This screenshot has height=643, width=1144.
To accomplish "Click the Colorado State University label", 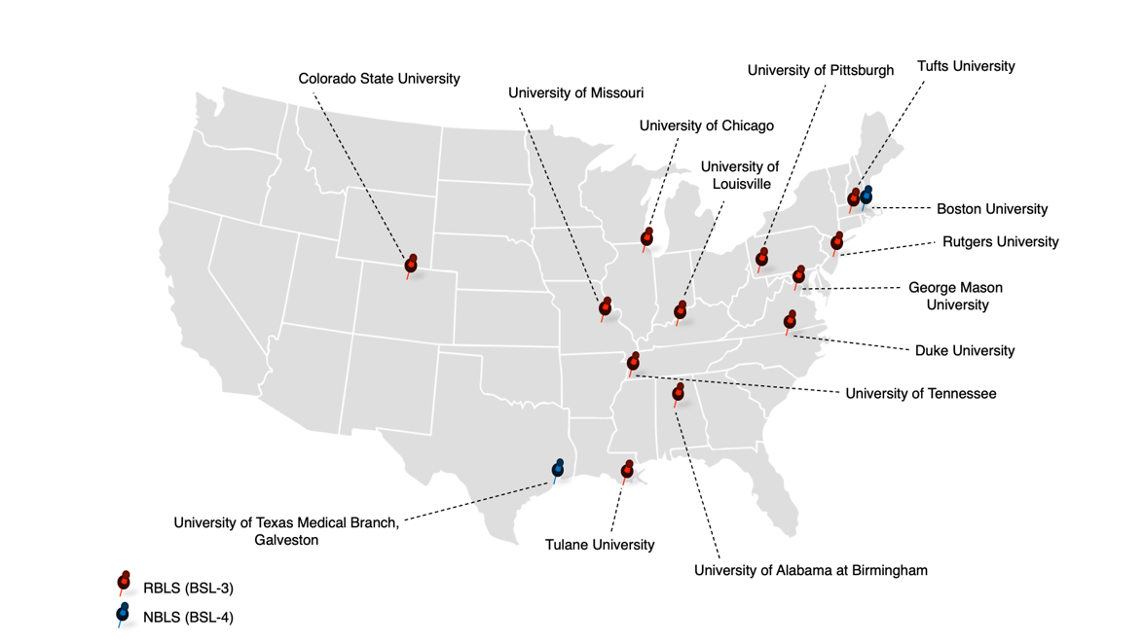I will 379,79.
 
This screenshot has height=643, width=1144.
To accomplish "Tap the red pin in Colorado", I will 412,265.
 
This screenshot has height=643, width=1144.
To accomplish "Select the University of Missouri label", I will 575,93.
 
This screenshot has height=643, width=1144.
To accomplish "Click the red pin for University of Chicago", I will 647,237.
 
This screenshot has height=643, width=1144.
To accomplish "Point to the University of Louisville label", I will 740,176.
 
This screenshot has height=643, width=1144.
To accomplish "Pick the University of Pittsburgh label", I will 820,71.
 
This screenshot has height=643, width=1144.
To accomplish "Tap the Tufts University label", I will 965,66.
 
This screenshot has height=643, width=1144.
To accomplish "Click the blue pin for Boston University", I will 866,197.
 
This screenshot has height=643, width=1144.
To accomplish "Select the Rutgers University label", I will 1000,242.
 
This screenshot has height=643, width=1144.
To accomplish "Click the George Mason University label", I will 955,297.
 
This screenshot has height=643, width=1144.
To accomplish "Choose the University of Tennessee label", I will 920,394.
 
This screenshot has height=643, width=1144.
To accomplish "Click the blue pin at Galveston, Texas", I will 558,469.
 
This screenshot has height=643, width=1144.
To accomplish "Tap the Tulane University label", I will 600,545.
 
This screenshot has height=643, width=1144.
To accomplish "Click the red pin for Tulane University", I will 628,470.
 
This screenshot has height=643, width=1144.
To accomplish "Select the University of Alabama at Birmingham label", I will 810,570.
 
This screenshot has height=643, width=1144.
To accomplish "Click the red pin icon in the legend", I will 124,583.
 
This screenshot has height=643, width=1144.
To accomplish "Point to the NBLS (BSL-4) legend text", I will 188,617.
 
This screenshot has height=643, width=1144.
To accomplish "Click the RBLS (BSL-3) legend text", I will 188,589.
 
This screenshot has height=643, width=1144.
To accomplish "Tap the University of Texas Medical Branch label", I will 286,531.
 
